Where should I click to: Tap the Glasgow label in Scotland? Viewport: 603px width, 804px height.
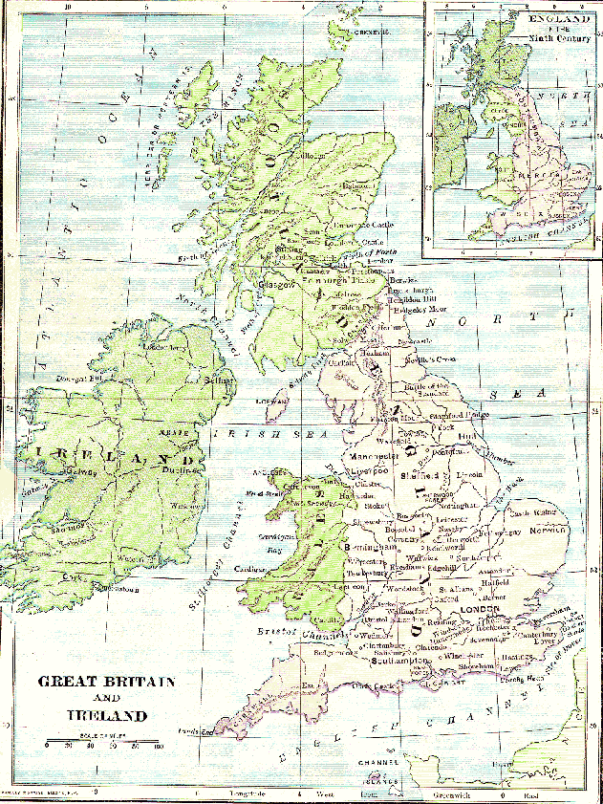(x=270, y=284)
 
